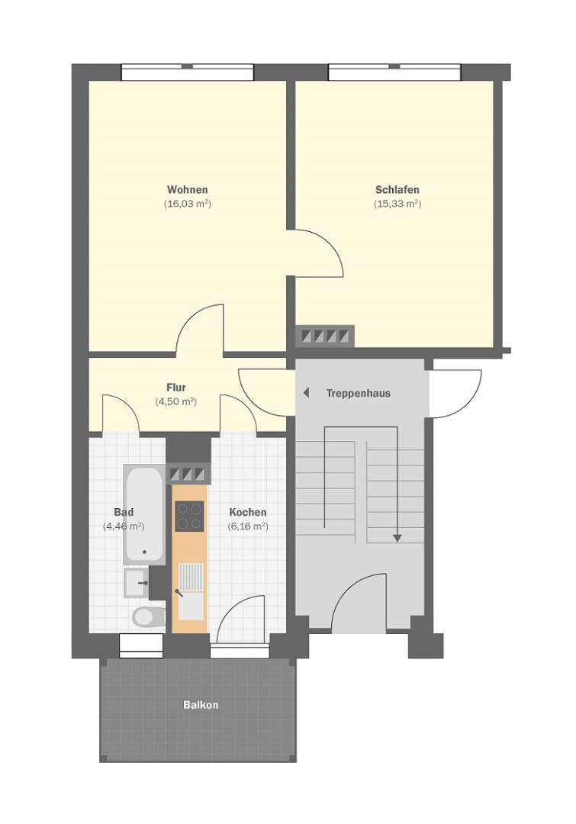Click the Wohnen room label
pos(187,190)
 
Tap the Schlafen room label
pos(397,190)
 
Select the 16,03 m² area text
pos(187,204)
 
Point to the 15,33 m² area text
pos(397,204)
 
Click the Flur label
pos(176,388)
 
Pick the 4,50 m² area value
pos(176,402)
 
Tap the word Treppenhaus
pos(359,394)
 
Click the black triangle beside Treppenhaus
pos(306,393)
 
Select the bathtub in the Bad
pos(143,514)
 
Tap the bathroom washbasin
pos(136,582)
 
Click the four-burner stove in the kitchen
pos(189,516)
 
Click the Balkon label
pos(201,705)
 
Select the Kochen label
pos(248,513)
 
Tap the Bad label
pos(124,513)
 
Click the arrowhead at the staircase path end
pos(397,538)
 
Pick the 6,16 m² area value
pos(248,526)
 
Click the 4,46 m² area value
pos(124,526)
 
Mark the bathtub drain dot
pos(145,552)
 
